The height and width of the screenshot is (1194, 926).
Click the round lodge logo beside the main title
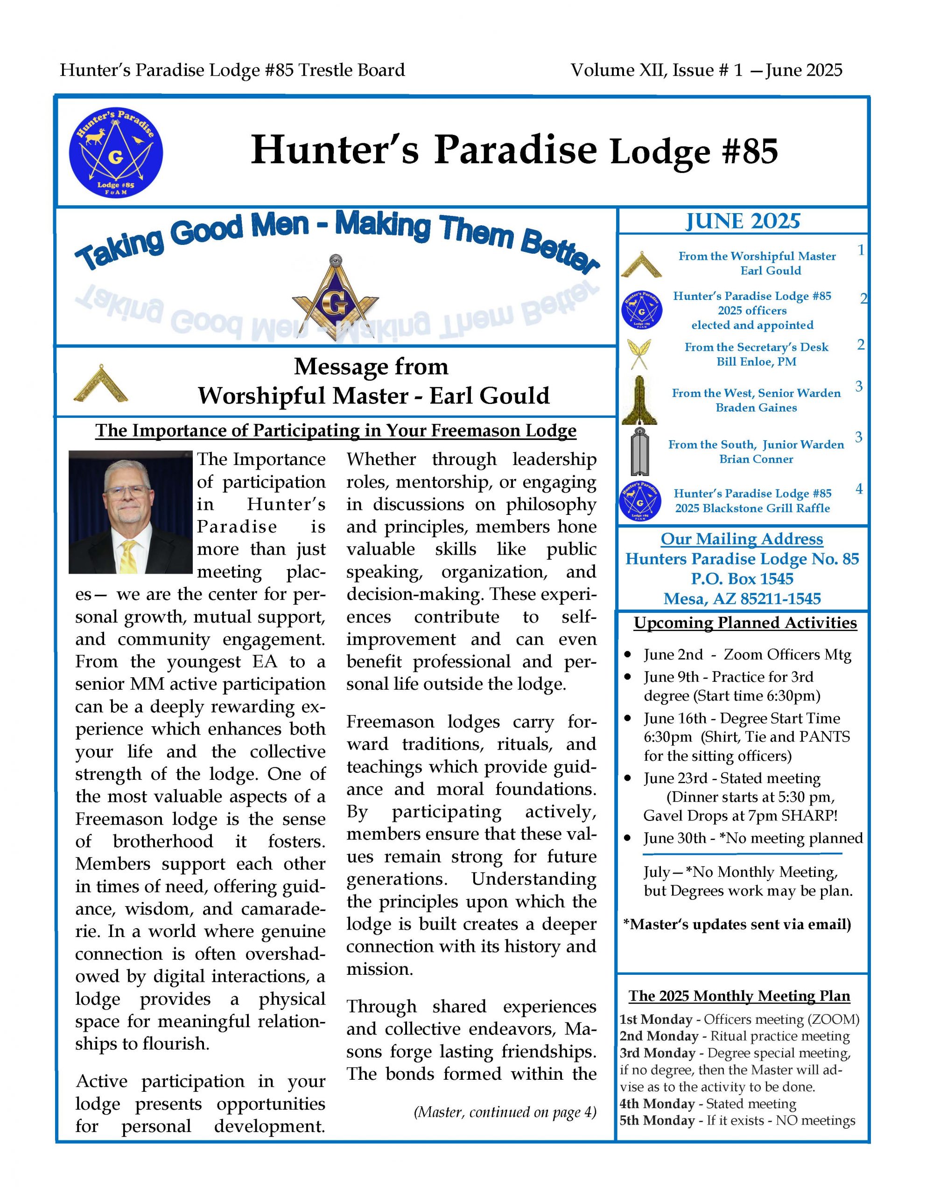[x=115, y=152]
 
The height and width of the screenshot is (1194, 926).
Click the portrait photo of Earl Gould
[x=130, y=512]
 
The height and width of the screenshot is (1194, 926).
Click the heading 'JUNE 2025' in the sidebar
[x=742, y=222]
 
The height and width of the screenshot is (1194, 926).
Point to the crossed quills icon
[x=640, y=354]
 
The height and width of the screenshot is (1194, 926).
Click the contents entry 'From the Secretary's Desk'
[x=756, y=347]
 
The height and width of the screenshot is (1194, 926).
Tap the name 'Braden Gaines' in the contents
[x=756, y=408]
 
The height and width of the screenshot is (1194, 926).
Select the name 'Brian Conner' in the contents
[x=756, y=459]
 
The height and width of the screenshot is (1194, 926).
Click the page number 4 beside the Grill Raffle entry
[x=859, y=489]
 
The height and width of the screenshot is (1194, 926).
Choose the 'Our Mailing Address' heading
[x=742, y=539]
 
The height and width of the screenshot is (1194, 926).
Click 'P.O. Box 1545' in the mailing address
[x=742, y=578]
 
